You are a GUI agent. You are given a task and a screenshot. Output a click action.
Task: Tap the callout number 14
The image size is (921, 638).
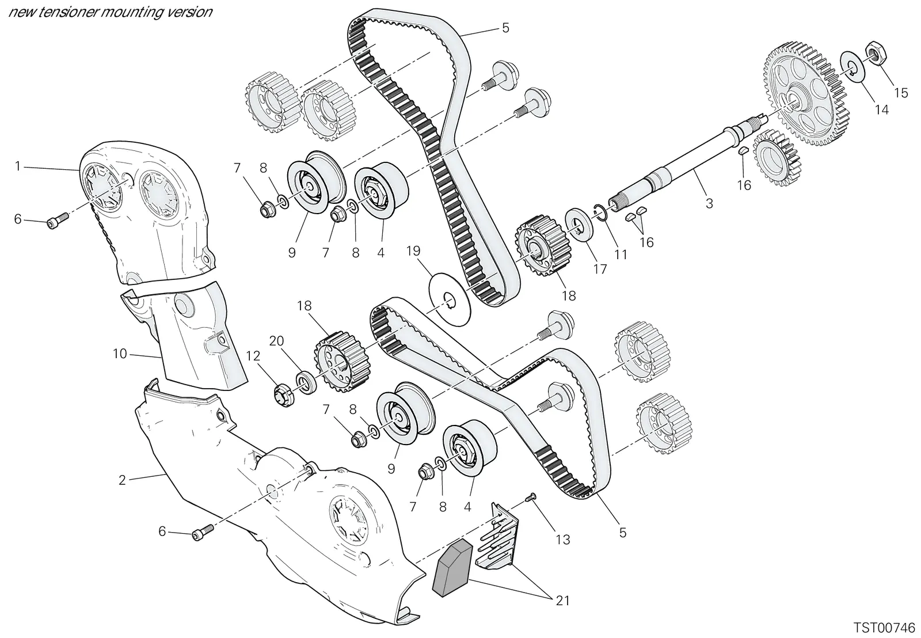coord(881,110)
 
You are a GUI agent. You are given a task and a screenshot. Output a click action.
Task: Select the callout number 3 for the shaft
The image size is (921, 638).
coord(709,203)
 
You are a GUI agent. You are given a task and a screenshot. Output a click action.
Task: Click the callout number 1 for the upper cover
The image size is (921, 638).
coord(17,166)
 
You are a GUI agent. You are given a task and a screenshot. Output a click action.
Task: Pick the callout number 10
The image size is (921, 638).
coord(120,354)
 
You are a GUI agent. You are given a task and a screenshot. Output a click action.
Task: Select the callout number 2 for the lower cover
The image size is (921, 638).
coord(122,480)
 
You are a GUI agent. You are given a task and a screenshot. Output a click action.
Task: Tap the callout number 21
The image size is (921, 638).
coord(562,601)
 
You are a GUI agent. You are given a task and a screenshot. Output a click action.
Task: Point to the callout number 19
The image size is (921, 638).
coord(413,251)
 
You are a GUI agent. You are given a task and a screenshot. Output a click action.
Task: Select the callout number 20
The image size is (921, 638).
coord(277,341)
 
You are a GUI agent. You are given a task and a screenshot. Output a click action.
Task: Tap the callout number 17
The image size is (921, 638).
coord(600,269)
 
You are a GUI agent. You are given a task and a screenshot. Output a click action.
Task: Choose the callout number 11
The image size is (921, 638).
coord(621,255)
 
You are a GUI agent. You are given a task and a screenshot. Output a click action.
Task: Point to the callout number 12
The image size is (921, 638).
coord(253,356)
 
